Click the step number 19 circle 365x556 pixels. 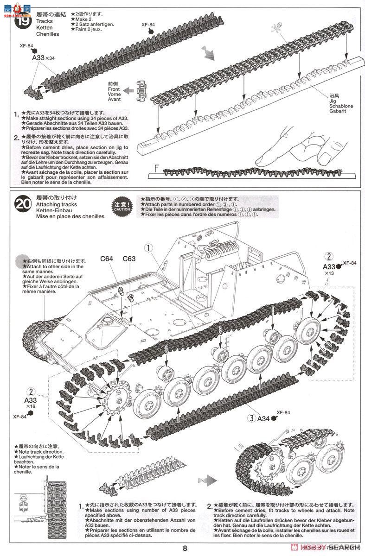[x=22, y=22]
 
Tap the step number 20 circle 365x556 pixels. [x=23, y=205]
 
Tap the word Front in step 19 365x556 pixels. [x=114, y=89]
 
